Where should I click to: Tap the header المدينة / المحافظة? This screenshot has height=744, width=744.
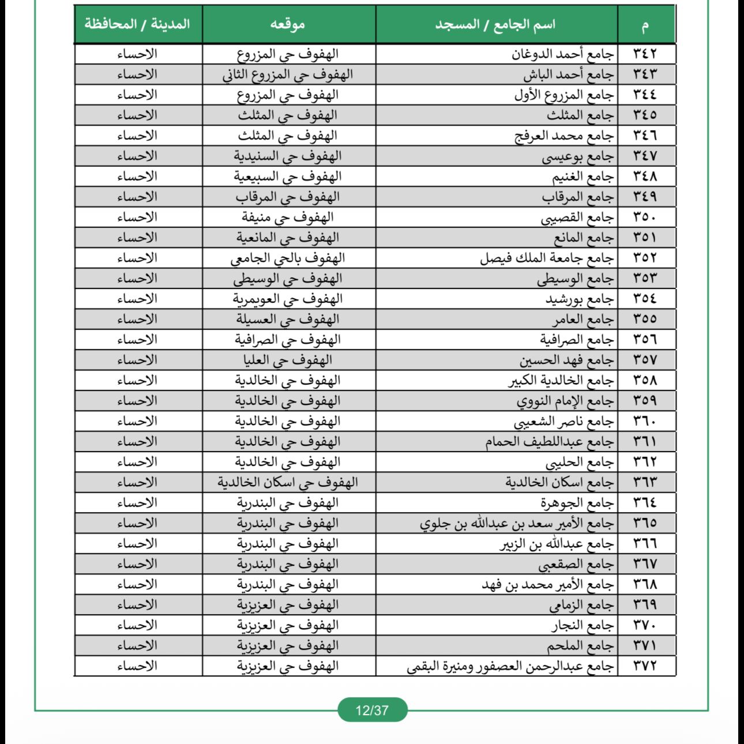(137, 24)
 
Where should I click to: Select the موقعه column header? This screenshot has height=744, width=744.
(288, 24)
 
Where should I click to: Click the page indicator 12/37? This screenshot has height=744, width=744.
(372, 710)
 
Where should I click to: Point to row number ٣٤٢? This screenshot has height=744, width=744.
(645, 54)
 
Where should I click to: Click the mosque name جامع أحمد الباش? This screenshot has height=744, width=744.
(569, 74)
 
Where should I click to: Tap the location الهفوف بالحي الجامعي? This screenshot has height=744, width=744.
(288, 258)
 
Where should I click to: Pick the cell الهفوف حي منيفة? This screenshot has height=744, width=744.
(288, 217)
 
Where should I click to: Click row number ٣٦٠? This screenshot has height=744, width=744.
(645, 421)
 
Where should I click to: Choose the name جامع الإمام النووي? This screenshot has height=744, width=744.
(565, 401)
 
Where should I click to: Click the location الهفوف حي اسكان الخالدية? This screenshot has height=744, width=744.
(288, 482)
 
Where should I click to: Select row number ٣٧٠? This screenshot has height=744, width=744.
(645, 625)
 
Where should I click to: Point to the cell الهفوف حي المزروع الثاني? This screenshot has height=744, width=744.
(288, 74)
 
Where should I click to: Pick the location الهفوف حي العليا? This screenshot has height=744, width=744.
(288, 360)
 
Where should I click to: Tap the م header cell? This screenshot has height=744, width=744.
(645, 24)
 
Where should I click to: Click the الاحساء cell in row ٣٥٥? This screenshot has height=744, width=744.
(137, 319)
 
